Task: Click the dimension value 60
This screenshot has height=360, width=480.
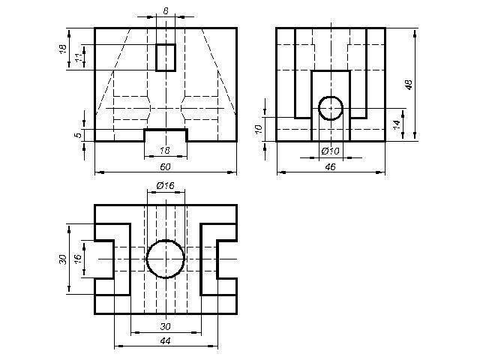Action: [165, 166]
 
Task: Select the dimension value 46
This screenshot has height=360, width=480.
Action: [330, 166]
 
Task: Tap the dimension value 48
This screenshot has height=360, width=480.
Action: [409, 85]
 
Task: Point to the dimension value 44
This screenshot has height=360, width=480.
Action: [165, 340]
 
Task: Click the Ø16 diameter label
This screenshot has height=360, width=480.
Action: [165, 185]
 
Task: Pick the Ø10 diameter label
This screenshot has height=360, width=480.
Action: [331, 151]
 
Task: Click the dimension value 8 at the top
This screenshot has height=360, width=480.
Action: [166, 11]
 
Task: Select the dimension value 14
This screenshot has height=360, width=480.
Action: [397, 124]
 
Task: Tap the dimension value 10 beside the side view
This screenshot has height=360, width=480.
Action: [259, 129]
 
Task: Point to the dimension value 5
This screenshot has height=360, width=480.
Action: [79, 135]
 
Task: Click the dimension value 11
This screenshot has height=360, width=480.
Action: [79, 57]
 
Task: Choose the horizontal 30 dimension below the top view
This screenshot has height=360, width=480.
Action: [165, 327]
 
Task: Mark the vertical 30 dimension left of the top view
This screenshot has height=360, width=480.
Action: [63, 259]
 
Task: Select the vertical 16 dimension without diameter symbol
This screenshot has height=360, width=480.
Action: [78, 258]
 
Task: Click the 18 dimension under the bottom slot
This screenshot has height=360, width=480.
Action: [165, 151]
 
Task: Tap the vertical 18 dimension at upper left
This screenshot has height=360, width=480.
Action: [63, 49]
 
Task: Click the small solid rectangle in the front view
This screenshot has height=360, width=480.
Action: [156, 58]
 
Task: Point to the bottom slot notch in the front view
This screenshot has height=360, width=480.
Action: [166, 130]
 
